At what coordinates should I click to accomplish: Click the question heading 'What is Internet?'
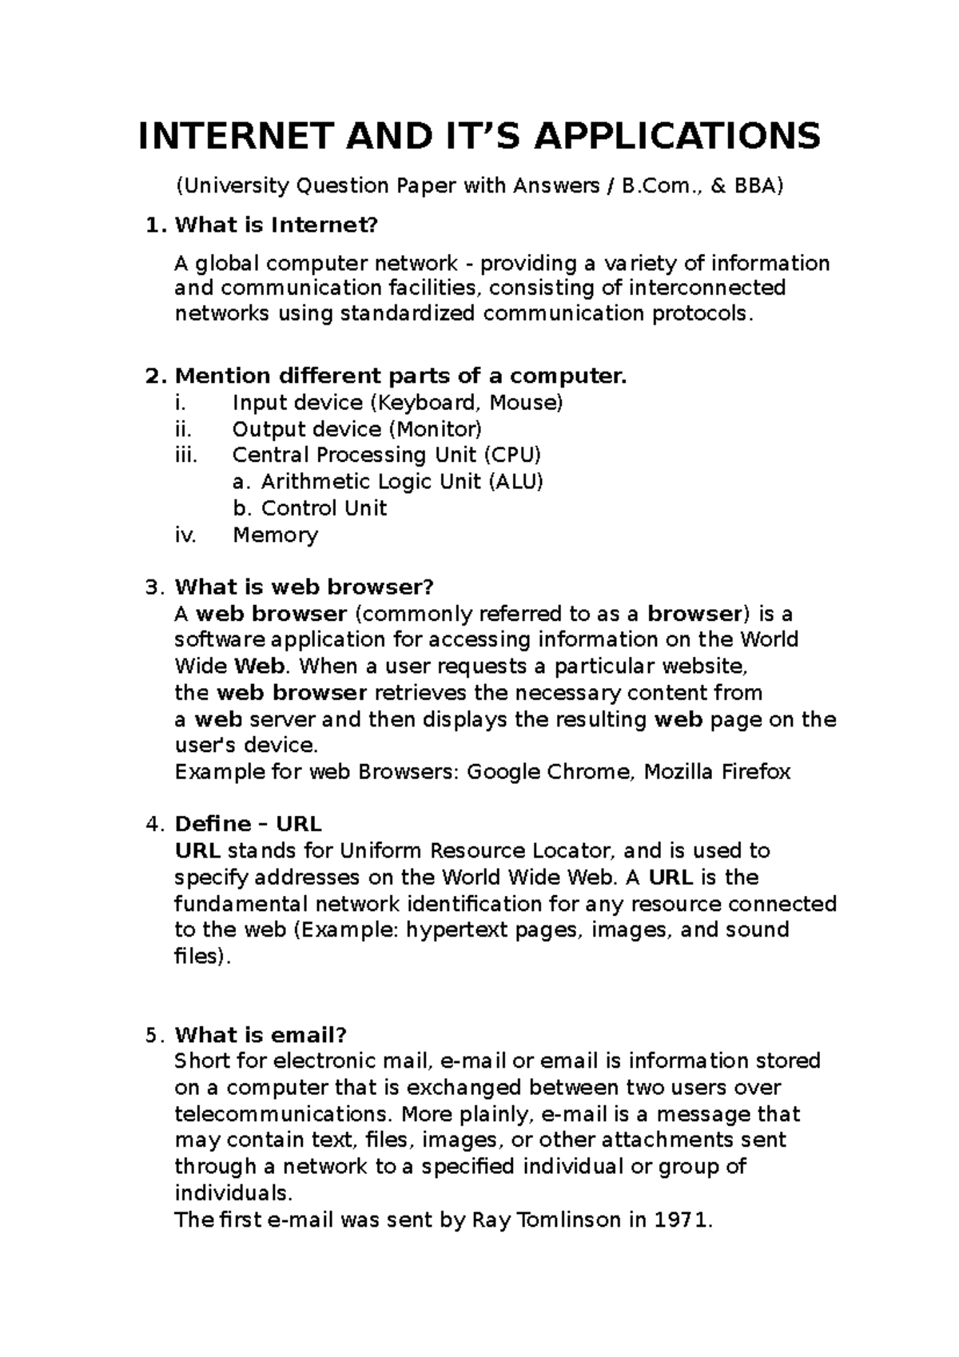[x=275, y=225]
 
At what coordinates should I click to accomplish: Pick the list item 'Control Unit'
[x=324, y=508]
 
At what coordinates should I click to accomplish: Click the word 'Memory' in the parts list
[x=275, y=535]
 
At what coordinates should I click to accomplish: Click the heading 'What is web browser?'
[x=304, y=587]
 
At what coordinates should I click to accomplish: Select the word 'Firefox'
[x=756, y=772]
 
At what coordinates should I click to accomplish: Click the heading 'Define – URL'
[x=248, y=824]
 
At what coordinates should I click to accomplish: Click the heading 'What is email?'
[x=261, y=1036]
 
